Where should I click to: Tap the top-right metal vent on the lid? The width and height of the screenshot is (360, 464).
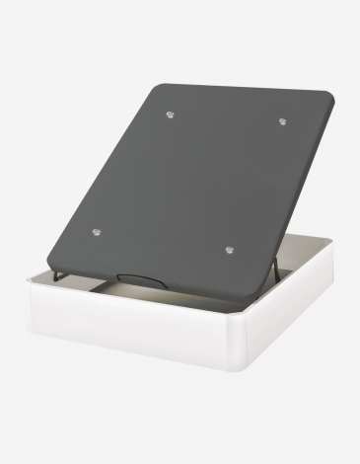click(282, 121)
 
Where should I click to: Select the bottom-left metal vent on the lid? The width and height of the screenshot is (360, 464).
click(96, 232)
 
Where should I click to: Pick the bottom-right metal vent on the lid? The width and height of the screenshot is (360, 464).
click(229, 251)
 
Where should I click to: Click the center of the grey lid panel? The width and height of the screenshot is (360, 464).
click(187, 183)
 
